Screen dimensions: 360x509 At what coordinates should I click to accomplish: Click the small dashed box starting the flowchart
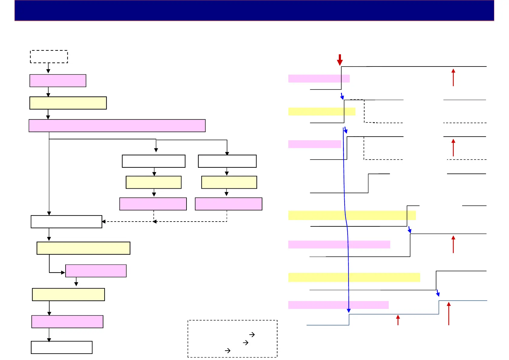[49, 57]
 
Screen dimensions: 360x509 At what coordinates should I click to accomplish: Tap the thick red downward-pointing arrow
[340, 60]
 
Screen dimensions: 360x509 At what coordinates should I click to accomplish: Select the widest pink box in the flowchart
[117, 125]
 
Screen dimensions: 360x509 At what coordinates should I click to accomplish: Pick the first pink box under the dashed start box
[58, 81]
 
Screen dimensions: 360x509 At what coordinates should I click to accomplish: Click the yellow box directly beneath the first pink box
[68, 103]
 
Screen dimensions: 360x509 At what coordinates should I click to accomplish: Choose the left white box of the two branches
[154, 161]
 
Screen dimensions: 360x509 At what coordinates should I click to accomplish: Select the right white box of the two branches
[227, 161]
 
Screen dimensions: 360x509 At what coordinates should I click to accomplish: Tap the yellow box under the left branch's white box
[154, 182]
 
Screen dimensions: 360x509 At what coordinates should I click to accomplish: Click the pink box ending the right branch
[229, 204]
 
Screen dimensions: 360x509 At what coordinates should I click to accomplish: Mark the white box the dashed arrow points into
[66, 222]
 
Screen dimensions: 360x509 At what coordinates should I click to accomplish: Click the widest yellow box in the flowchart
[83, 248]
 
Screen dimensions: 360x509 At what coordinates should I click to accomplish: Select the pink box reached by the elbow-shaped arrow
[96, 271]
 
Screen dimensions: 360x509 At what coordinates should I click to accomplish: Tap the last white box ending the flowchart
[62, 347]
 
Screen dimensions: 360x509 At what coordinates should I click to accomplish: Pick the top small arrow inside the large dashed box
[252, 335]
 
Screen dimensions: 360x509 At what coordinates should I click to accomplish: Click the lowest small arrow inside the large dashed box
[228, 351]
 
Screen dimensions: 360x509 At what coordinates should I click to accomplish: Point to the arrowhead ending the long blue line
[349, 310]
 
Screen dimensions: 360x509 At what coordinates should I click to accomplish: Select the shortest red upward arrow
[398, 320]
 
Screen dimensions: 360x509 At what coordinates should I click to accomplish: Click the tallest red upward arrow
[449, 313]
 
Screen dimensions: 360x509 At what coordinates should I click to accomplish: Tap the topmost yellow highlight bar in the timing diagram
[322, 112]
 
